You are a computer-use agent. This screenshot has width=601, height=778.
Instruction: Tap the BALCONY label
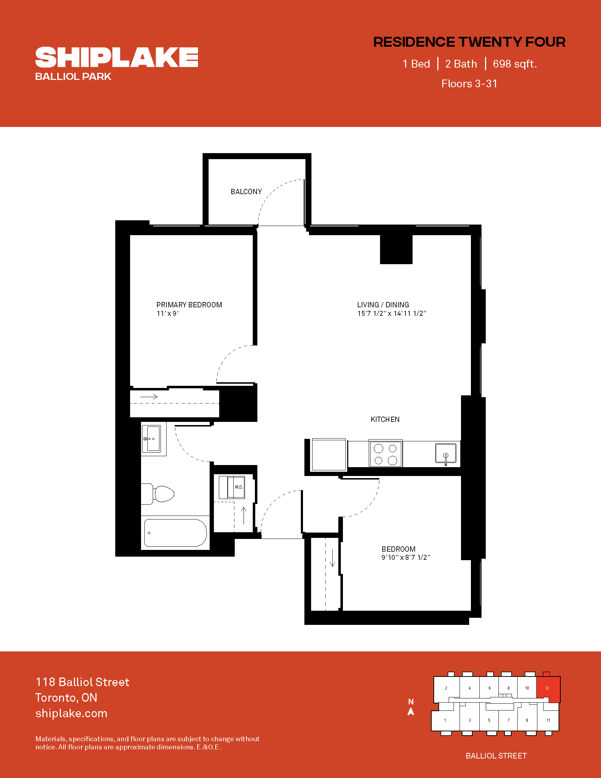pos(246,192)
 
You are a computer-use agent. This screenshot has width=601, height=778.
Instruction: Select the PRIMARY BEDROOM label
pos(189,304)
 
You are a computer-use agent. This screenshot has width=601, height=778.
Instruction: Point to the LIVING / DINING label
pos(383,304)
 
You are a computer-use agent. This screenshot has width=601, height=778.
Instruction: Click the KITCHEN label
pos(385,419)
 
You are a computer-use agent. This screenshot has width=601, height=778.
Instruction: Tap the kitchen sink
pos(446,453)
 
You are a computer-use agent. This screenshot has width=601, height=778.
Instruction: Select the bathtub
pos(175,533)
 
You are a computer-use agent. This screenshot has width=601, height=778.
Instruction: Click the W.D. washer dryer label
pos(239,487)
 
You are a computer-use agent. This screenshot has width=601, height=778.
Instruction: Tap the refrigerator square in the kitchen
pos(329,454)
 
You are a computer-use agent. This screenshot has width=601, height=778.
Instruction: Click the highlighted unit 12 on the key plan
pos(548,689)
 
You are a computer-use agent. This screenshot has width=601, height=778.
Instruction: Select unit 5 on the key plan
pos(489,720)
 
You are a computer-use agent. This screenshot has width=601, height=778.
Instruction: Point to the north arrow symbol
pos(411,712)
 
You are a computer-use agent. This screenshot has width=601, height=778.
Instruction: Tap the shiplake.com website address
pos(71,713)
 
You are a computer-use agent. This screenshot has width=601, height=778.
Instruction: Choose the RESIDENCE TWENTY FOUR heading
pos(469,42)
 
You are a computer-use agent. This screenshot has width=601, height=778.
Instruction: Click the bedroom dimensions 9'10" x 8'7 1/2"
pos(406,557)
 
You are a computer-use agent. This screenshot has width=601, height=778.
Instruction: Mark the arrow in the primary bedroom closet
pos(149,397)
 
